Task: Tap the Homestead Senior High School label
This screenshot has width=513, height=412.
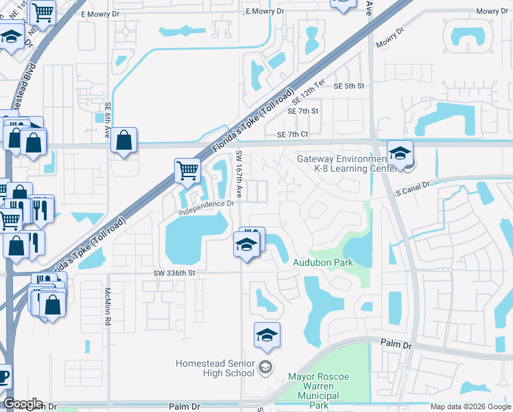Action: (215, 368)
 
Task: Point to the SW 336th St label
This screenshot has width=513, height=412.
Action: (174, 273)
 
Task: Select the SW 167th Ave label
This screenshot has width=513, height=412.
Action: (239, 172)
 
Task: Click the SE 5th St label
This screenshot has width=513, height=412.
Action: (349, 86)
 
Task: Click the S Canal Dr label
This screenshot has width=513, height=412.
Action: (412, 185)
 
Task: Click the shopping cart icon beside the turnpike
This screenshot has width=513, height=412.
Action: (187, 170)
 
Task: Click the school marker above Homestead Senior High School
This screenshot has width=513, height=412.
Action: (267, 335)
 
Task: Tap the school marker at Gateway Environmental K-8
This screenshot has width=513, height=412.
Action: (400, 152)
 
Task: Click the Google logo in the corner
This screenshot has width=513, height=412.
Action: (23, 404)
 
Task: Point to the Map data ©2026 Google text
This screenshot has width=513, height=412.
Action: (470, 407)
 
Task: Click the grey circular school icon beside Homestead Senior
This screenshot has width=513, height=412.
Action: (265, 368)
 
